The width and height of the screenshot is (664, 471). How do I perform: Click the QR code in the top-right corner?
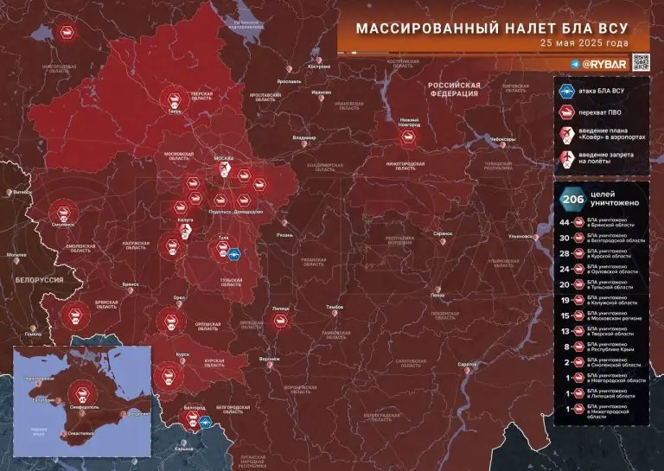coord(641,62)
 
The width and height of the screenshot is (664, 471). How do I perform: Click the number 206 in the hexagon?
coord(571,198)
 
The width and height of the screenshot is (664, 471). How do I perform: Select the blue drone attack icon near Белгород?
coord(206,423)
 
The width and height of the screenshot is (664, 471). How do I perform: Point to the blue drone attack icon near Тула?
coord(233,253)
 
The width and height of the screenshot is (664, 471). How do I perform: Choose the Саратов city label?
coord(468,364)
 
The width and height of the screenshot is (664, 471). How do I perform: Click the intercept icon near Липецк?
coord(281,321)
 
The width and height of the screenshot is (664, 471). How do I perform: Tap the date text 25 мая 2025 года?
coord(584,43)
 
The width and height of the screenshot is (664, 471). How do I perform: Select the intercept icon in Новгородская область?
coord(66,33)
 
